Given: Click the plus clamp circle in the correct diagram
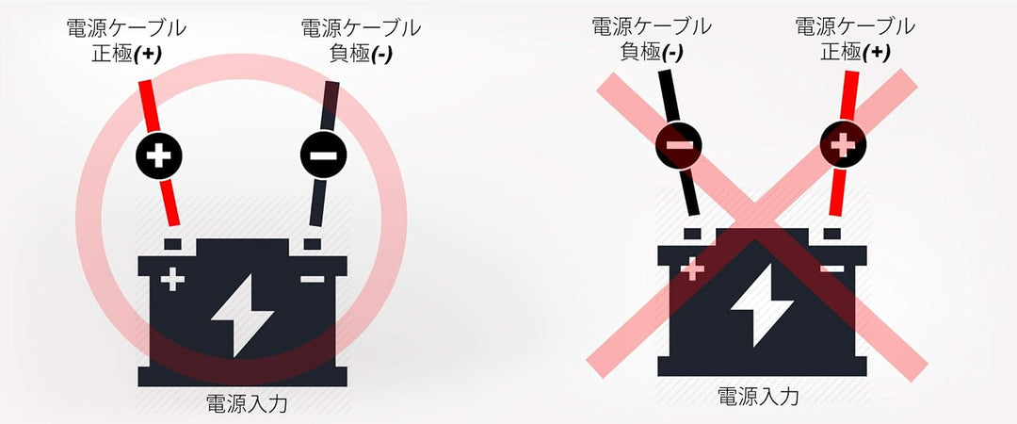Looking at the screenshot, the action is (x=159, y=155).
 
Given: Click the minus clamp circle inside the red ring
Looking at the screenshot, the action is (x=323, y=155).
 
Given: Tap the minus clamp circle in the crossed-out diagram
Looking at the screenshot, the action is (x=679, y=145).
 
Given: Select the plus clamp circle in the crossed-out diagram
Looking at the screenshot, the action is (x=843, y=145).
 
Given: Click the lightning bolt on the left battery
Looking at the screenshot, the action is (x=242, y=315).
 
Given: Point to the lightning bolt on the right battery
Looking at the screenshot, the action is (x=762, y=304).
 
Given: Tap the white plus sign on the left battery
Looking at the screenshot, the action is (x=172, y=279).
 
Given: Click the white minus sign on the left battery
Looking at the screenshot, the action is (x=313, y=279).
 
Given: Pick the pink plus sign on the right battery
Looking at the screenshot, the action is (x=693, y=269).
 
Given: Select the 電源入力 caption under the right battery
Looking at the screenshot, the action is (x=757, y=396).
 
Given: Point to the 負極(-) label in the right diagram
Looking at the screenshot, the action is (x=652, y=52).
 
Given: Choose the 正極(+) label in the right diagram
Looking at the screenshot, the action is (x=855, y=52).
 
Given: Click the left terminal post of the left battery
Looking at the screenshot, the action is (x=172, y=244).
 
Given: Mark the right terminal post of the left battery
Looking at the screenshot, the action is (x=313, y=244).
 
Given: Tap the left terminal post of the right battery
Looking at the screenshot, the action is (x=693, y=234).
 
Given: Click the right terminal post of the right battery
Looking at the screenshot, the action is (x=832, y=234).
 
